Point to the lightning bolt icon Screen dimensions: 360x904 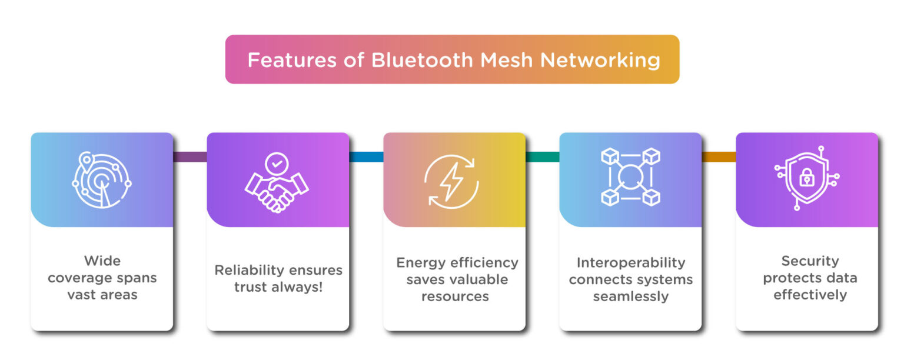451,181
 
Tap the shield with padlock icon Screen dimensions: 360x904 807,178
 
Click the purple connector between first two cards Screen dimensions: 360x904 190,156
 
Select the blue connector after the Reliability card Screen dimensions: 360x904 366,156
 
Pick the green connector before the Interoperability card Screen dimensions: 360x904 542,156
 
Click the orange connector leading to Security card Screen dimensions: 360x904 719,156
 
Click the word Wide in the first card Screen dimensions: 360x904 102,260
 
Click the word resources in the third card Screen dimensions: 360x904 454,296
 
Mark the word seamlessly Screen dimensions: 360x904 630,296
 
